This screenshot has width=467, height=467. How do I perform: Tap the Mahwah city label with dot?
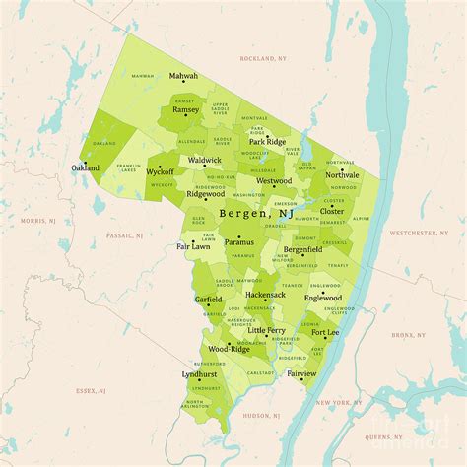[182, 76]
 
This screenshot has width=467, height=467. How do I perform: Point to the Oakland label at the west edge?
[86, 168]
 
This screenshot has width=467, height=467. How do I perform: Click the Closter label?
[332, 211]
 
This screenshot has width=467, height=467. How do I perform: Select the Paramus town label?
[238, 241]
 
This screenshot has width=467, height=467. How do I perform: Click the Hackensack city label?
[265, 295]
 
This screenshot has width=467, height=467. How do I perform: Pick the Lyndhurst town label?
[200, 374]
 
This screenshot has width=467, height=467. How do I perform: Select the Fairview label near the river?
[302, 374]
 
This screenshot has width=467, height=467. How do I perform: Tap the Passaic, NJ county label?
[125, 236]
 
